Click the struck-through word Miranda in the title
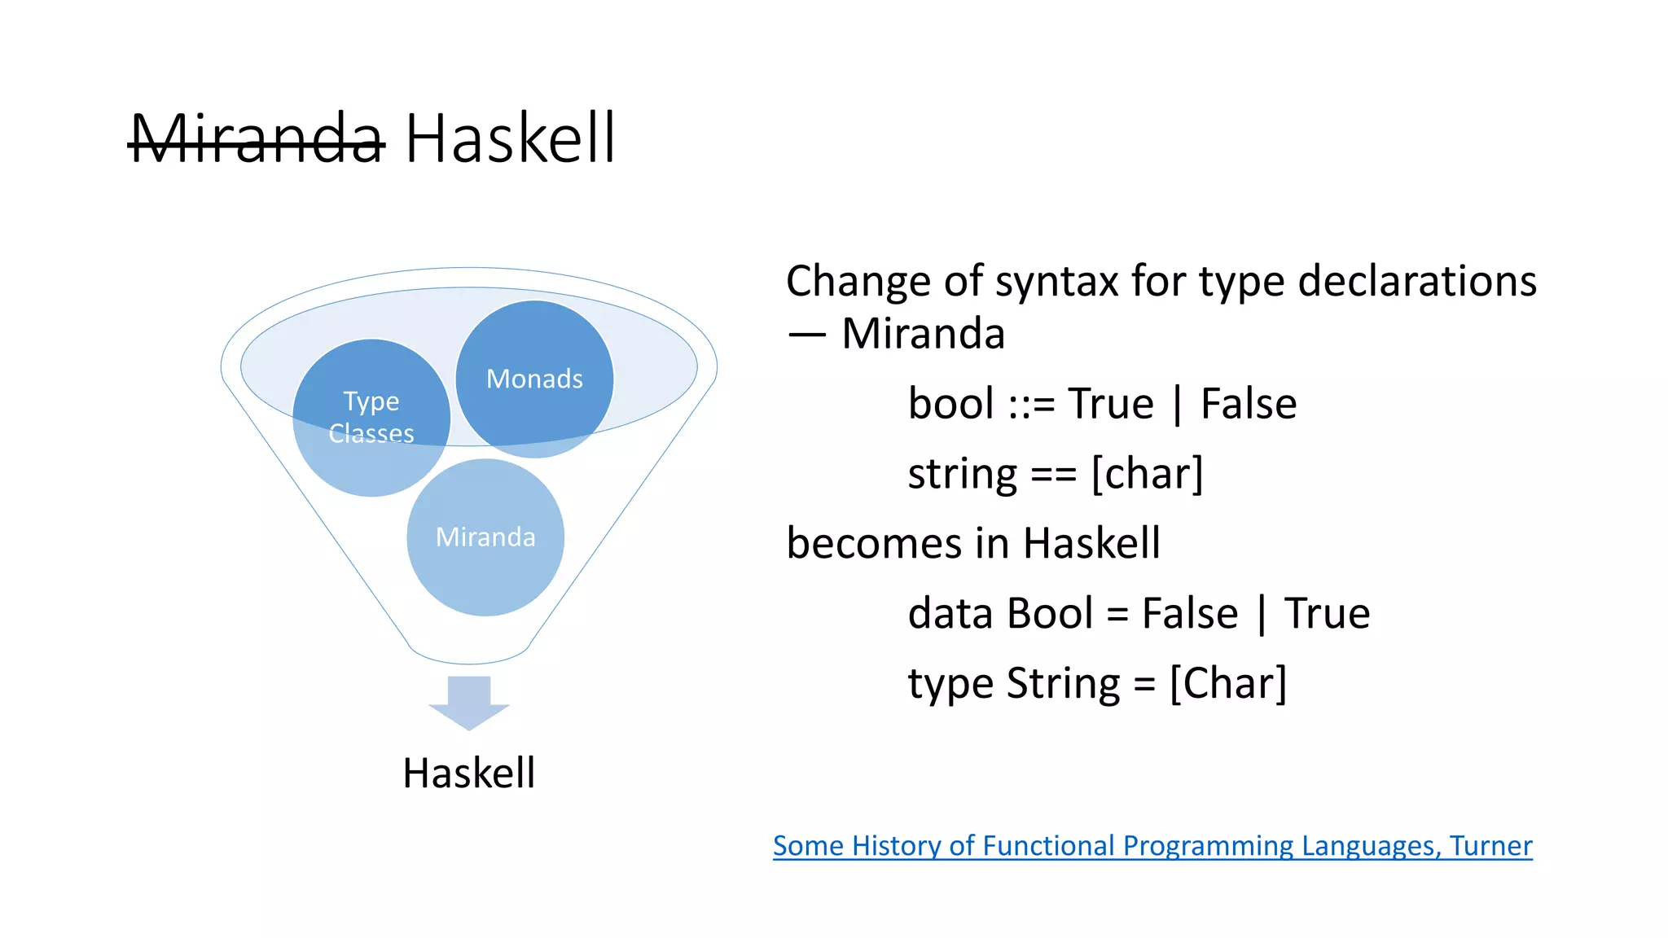click(x=257, y=138)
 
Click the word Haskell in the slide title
click(x=510, y=138)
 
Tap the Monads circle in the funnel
click(x=534, y=379)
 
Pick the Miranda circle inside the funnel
click(x=485, y=537)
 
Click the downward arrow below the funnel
click(x=469, y=702)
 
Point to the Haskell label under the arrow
click(x=469, y=773)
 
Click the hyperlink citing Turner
click(x=1152, y=845)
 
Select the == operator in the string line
click(x=1053, y=474)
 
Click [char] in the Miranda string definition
click(x=1147, y=474)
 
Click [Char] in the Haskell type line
click(x=1228, y=684)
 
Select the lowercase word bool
click(x=950, y=404)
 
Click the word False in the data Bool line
click(x=1189, y=613)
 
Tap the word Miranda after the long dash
click(x=923, y=334)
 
